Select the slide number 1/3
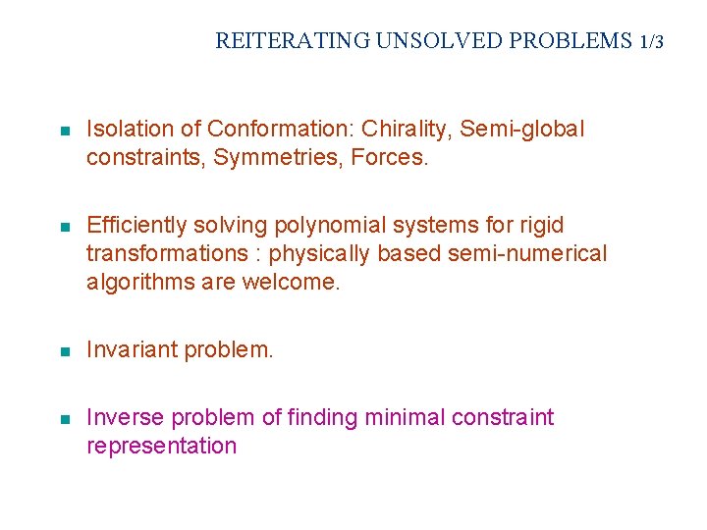click(x=651, y=41)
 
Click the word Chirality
click(x=403, y=129)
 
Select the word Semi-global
click(x=522, y=129)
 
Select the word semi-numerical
click(x=528, y=253)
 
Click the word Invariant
click(x=129, y=349)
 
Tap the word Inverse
click(x=125, y=417)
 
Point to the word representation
click(x=162, y=446)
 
